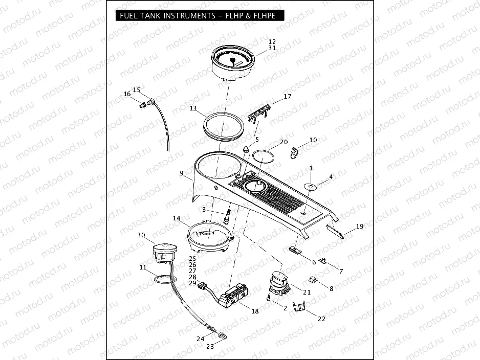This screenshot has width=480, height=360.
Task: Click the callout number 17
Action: [x=287, y=96]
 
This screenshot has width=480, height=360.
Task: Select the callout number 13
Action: [x=192, y=108]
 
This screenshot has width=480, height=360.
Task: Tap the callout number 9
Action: [x=182, y=173]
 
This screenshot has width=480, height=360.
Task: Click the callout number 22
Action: [x=321, y=319]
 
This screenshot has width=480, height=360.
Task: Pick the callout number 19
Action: [x=360, y=226]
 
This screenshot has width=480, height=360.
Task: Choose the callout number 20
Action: [x=283, y=142]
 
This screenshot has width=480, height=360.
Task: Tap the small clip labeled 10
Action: [x=294, y=152]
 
